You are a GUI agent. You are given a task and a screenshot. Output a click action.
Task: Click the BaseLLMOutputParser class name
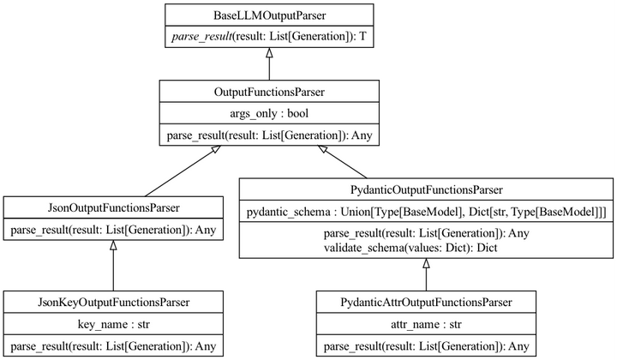pyautogui.click(x=270, y=15)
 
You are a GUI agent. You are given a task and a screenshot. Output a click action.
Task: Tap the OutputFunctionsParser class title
pyautogui.click(x=270, y=92)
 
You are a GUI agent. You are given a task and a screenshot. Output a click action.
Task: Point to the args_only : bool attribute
pyautogui.click(x=270, y=114)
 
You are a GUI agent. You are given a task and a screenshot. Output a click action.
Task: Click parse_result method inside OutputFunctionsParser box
pyautogui.click(x=270, y=135)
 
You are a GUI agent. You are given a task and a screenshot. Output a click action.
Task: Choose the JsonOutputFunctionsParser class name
pyautogui.click(x=114, y=207)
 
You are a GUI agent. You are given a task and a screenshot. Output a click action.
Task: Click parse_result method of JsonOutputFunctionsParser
pyautogui.click(x=113, y=230)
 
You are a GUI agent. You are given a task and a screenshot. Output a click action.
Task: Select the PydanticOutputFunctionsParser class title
pyautogui.click(x=427, y=190)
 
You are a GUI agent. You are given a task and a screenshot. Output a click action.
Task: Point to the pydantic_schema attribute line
pyautogui.click(x=427, y=212)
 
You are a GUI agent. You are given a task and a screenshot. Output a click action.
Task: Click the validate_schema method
pyautogui.click(x=410, y=248)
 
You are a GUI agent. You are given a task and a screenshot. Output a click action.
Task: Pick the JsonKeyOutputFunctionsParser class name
pyautogui.click(x=114, y=303)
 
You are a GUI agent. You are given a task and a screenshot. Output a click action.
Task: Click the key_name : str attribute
pyautogui.click(x=114, y=324)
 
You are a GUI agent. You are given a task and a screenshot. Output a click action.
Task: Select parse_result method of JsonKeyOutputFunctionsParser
pyautogui.click(x=113, y=346)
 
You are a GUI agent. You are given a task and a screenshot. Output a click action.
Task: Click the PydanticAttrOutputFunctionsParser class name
pyautogui.click(x=426, y=303)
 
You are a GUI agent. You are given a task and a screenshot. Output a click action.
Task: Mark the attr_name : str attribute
pyautogui.click(x=426, y=324)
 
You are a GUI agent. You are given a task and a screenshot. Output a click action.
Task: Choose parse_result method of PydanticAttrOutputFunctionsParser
pyautogui.click(x=427, y=346)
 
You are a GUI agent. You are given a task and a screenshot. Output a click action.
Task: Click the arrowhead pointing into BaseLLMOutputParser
pyautogui.click(x=270, y=53)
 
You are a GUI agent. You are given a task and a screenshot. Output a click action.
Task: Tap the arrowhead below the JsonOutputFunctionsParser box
pyautogui.click(x=113, y=245)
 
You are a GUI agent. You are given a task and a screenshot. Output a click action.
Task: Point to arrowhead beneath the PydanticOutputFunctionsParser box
pyautogui.click(x=426, y=264)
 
